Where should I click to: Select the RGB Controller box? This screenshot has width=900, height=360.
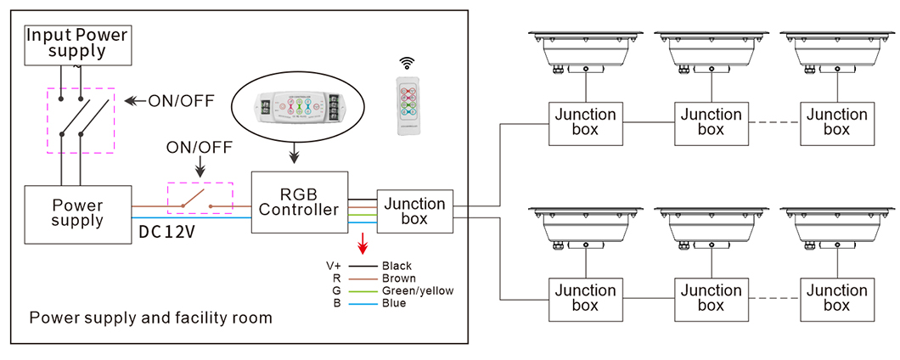[x=300, y=202]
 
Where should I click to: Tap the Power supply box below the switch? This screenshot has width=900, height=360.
[x=77, y=213]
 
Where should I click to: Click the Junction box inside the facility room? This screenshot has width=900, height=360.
[x=415, y=211]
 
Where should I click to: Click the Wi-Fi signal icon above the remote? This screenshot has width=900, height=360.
[x=408, y=63]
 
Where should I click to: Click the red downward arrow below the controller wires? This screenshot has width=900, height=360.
[x=363, y=245]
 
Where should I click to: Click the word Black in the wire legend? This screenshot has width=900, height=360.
[x=397, y=266]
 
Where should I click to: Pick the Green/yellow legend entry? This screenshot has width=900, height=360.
[x=418, y=291]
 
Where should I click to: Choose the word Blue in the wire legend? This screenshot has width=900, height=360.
[x=394, y=303]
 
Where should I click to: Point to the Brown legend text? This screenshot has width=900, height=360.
[x=398, y=278]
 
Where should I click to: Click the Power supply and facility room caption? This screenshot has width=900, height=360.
[x=151, y=318]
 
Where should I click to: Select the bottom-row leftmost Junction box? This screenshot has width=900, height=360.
[x=586, y=298]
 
